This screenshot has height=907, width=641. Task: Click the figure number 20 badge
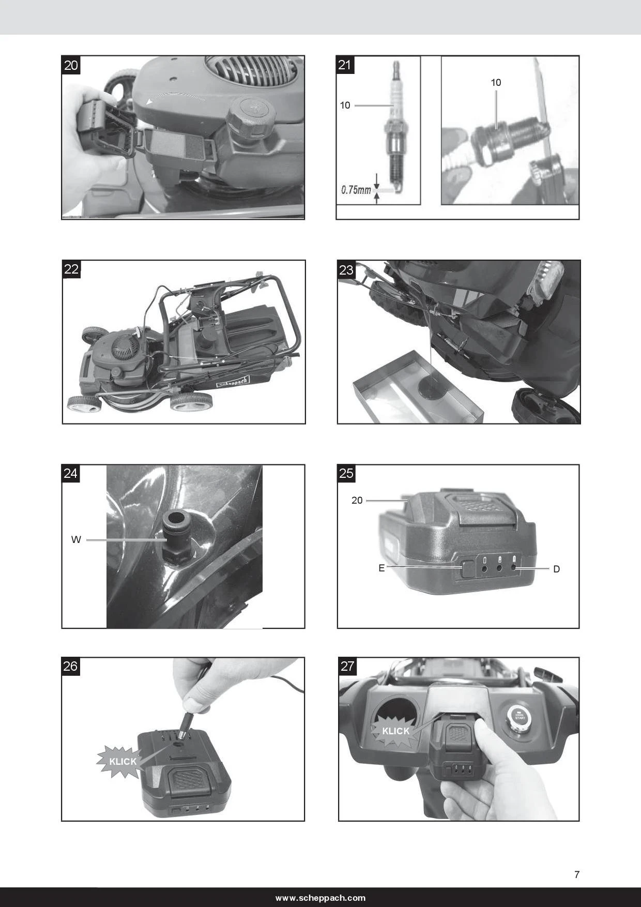(x=71, y=65)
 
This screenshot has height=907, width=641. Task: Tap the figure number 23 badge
(x=346, y=269)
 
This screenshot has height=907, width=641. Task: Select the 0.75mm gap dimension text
(x=356, y=190)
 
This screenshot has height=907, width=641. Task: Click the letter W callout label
(x=76, y=540)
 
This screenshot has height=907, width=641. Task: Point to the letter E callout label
(x=381, y=568)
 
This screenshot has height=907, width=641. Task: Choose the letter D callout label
(x=556, y=569)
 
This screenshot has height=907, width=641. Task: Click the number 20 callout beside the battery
(x=357, y=500)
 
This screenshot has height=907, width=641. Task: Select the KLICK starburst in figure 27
(x=396, y=731)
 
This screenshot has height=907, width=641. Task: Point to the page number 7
(x=577, y=874)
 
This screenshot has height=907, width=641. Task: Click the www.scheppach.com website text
(x=320, y=898)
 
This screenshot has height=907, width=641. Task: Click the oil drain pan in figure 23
(x=418, y=386)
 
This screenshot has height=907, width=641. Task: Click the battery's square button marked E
(x=468, y=568)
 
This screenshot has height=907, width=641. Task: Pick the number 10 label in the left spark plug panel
(x=345, y=105)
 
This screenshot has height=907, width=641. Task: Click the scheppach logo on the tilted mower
(x=233, y=382)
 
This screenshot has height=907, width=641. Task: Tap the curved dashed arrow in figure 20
(x=176, y=96)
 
